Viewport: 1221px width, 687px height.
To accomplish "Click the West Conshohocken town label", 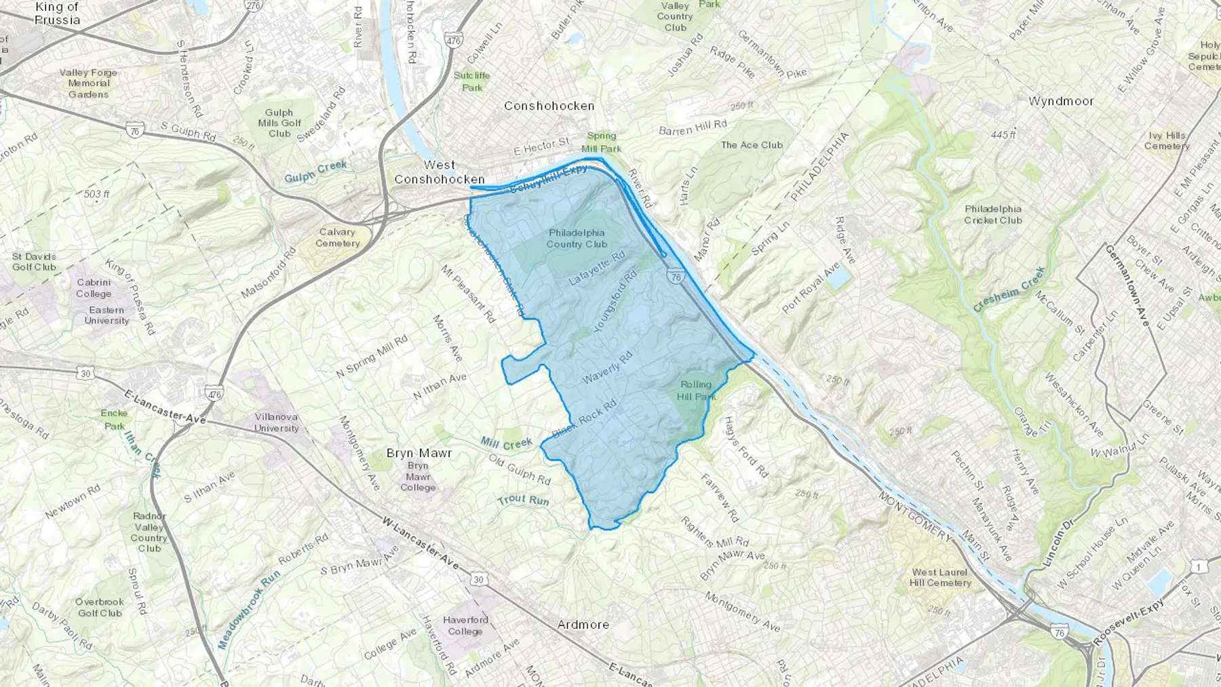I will tap(440, 172).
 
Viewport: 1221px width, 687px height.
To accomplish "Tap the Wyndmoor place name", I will tap(1061, 101).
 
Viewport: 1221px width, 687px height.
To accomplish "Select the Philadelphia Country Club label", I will tap(577, 239).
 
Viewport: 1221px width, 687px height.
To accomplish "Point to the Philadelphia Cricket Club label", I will tap(993, 214).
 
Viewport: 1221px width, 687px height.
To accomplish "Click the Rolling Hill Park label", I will tap(696, 391).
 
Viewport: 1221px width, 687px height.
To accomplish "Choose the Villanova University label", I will tap(276, 423).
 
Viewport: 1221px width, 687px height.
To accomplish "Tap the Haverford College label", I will tap(465, 625).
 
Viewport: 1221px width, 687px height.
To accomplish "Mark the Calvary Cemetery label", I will tap(337, 237).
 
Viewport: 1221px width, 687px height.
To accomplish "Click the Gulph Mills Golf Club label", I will tap(279, 123).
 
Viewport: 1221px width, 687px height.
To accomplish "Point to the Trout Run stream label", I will tap(523, 500).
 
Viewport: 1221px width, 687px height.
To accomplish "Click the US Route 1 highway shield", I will tap(1199, 567).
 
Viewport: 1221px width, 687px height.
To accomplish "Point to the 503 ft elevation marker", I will tap(97, 194).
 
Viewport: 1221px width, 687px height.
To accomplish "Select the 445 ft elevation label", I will tap(1003, 135).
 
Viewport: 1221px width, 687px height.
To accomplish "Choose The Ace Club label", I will tap(752, 144).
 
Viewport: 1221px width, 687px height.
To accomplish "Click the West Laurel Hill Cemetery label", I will tap(940, 578).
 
